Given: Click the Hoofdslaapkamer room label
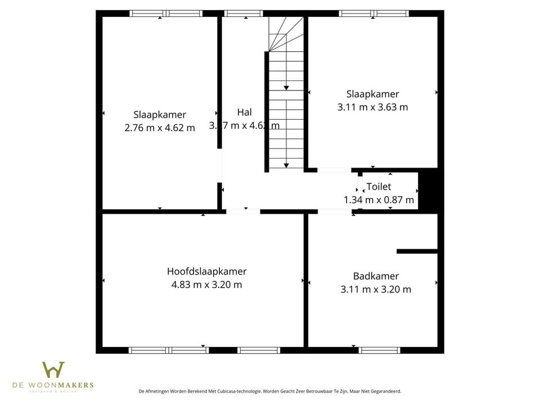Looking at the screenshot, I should point(206,271).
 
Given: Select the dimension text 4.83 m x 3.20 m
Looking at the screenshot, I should point(206,285).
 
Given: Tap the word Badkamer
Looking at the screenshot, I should point(376,276).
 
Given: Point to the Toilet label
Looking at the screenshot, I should point(379,187).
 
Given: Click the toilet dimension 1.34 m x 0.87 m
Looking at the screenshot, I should point(379,200).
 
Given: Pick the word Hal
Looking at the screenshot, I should point(244,112).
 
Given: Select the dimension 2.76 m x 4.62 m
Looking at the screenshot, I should point(160,128).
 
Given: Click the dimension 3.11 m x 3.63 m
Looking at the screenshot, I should point(372,107).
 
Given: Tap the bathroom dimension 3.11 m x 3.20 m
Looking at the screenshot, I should point(376,290).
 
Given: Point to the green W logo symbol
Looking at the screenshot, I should point(53,370).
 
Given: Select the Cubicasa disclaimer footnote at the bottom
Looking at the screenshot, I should point(269,391).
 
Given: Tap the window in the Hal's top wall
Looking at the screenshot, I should point(243,13).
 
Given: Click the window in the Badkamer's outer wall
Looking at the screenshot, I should point(380,350).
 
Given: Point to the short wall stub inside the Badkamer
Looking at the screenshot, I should point(417,251).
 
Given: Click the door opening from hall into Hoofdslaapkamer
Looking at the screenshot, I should point(243,211).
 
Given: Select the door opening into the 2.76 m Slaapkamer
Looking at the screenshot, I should point(219,166).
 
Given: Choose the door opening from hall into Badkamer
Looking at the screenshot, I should point(334,211).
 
